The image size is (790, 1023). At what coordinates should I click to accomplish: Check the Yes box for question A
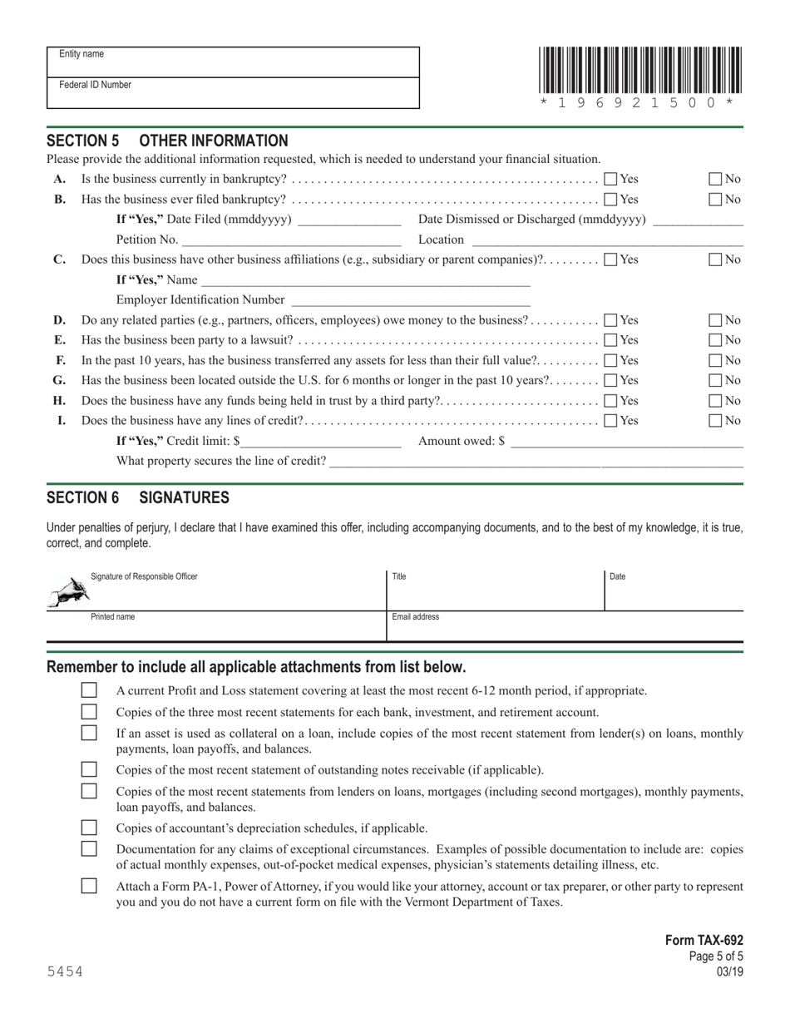(610, 179)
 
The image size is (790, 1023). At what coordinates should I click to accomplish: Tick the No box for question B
(715, 200)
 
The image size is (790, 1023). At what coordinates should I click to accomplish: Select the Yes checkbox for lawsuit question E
(610, 340)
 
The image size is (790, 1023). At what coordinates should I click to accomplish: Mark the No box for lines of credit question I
(715, 421)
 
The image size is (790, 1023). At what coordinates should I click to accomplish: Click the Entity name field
(233, 62)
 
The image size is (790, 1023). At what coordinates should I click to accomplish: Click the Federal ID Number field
(233, 93)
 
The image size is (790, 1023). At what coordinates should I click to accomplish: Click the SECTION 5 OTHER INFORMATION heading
(167, 141)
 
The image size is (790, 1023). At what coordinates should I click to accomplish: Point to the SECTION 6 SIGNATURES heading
(138, 498)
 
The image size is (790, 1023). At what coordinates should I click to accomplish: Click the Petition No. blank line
(291, 241)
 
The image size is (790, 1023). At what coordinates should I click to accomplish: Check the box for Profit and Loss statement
(89, 690)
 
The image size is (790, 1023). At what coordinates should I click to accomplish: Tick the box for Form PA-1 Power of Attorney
(89, 887)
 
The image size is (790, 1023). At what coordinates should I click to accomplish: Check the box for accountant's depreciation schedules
(89, 828)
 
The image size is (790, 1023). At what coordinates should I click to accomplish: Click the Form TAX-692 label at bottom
(704, 941)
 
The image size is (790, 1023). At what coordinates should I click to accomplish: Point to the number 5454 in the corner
(65, 971)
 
